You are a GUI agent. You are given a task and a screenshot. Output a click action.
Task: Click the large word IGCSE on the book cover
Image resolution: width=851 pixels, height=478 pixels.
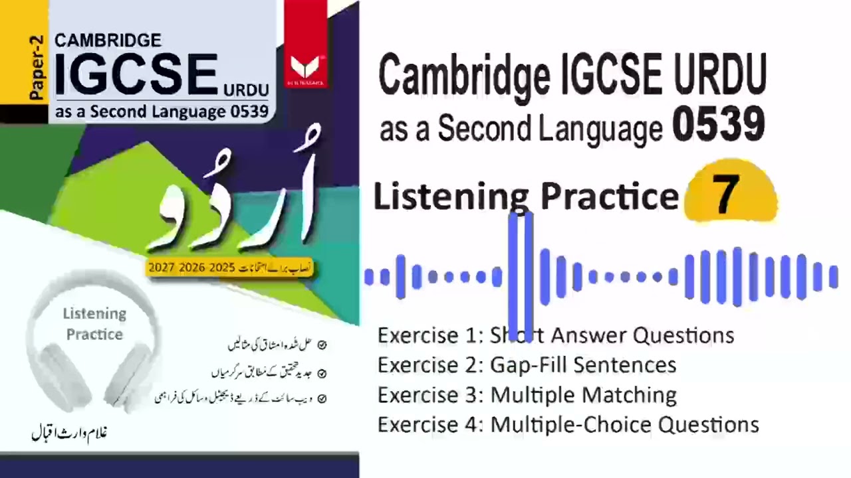[136, 75]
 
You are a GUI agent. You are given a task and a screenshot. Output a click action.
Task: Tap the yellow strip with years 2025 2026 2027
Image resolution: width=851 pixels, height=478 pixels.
[230, 268]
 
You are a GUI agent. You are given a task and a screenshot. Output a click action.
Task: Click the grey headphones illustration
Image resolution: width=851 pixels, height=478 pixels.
[93, 339]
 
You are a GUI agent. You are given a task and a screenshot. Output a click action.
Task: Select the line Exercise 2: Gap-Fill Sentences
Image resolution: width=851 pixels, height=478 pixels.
[527, 365]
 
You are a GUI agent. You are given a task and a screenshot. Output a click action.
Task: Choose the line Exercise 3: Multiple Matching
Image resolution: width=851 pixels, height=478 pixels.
[527, 395]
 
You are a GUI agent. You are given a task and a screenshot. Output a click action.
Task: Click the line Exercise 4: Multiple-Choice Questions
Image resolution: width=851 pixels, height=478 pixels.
[568, 425]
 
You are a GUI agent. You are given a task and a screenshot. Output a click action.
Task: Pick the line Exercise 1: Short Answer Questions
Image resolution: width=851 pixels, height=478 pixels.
[556, 335]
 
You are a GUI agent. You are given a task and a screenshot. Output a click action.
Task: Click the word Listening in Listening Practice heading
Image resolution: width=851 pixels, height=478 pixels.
[451, 197]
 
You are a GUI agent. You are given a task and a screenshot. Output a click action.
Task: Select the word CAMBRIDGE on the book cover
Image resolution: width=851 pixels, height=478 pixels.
[108, 40]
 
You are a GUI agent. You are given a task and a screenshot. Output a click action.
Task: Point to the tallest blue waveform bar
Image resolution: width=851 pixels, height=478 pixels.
[520, 276]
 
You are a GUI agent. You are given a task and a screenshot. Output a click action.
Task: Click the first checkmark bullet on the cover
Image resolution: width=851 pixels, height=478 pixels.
[322, 345]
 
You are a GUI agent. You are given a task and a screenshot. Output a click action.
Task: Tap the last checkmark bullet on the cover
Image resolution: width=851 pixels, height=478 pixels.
[322, 399]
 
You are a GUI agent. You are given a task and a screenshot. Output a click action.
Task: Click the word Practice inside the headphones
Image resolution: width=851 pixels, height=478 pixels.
[94, 334]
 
